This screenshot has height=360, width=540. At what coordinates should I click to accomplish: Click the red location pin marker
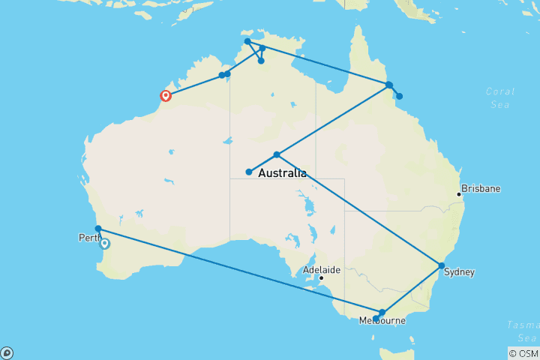click(x=166, y=95)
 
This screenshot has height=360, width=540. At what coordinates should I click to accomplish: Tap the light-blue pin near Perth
click(x=105, y=243)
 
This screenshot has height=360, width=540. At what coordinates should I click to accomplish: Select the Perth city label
click(x=89, y=238)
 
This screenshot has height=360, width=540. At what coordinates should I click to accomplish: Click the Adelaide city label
click(x=321, y=269)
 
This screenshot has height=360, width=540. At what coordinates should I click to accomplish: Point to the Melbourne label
click(x=382, y=321)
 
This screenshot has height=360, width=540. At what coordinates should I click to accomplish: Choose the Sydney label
click(x=458, y=272)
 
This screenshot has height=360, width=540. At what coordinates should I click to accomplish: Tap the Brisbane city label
click(x=481, y=189)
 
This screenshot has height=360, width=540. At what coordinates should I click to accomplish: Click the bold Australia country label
click(x=282, y=174)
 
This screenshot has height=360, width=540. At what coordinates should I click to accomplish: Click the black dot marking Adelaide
click(x=321, y=278)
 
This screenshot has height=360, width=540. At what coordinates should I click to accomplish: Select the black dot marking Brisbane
click(x=459, y=195)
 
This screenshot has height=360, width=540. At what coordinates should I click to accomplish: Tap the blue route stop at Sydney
click(x=442, y=265)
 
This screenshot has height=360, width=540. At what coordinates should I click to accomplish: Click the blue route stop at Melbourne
click(x=382, y=312)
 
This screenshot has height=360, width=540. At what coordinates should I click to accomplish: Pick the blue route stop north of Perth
click(x=98, y=229)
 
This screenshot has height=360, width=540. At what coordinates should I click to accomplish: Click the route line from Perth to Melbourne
click(x=240, y=271)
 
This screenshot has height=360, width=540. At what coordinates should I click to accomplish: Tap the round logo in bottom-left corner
click(x=7, y=352)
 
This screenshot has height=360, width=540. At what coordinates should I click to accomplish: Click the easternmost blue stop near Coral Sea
click(x=400, y=96)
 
